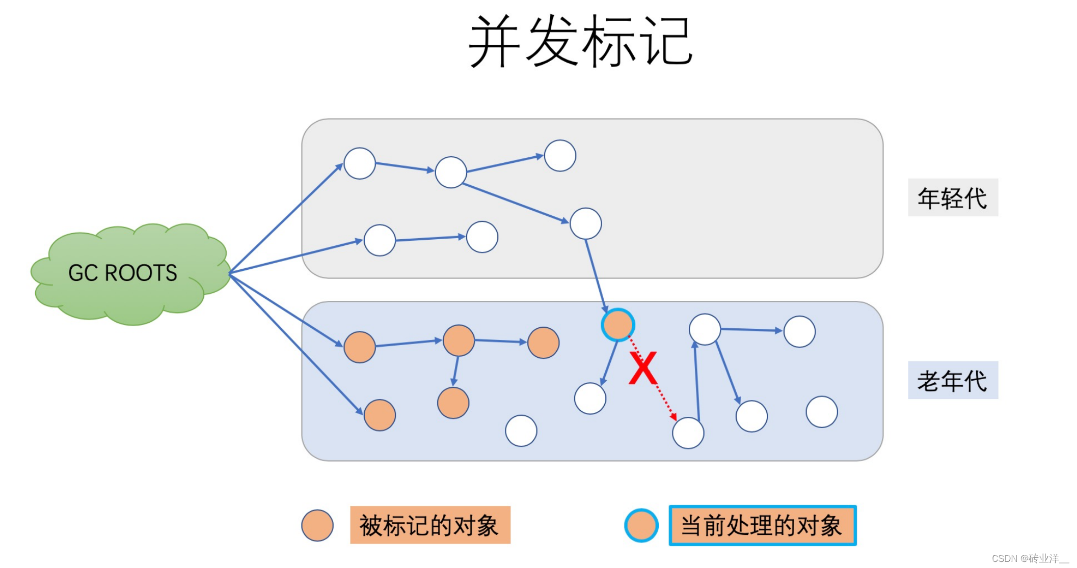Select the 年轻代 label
[952, 198]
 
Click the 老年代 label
[952, 381]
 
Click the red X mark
[642, 368]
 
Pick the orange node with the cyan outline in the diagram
[617, 325]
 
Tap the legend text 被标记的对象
[429, 525]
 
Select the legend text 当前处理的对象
[762, 525]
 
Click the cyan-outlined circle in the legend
[641, 525]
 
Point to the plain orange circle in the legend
[317, 525]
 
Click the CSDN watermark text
[1029, 558]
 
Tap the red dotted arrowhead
[674, 416]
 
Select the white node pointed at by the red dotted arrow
[688, 433]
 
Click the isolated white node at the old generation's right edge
[821, 412]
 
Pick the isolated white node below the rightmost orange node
[521, 431]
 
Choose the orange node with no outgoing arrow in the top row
[543, 343]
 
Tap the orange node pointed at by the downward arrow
[453, 403]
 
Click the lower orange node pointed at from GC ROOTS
[380, 415]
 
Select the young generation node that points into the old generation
[585, 223]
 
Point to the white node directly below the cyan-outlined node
[590, 399]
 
